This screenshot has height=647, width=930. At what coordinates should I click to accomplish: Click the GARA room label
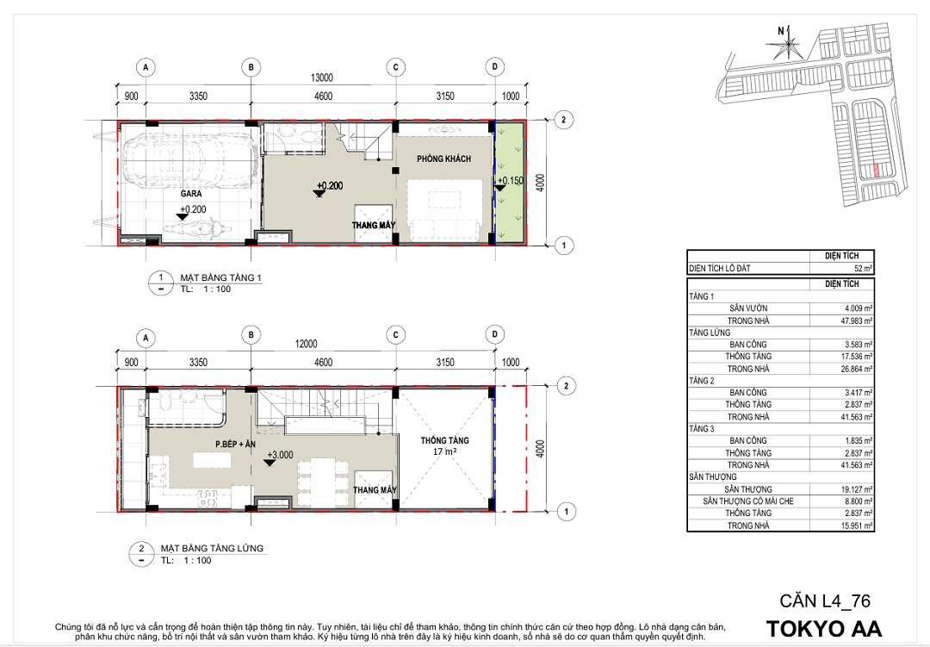tap(191, 194)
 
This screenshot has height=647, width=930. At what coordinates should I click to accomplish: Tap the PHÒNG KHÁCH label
tap(443, 159)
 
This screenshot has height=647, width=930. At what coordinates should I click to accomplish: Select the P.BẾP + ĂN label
tap(235, 444)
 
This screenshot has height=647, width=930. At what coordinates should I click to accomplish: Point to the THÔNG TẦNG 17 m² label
tap(445, 445)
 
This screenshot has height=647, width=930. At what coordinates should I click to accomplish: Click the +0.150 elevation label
tap(510, 180)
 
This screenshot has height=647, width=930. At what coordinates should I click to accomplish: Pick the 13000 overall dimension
tap(322, 78)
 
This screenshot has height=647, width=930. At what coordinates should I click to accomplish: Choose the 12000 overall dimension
tap(306, 344)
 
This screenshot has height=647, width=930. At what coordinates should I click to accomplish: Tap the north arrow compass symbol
tap(787, 40)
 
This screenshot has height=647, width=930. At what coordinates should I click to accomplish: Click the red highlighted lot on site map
tap(876, 171)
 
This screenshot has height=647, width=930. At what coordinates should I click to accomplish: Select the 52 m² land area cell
tap(863, 268)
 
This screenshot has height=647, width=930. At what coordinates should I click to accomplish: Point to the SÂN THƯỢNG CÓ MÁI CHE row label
tap(748, 501)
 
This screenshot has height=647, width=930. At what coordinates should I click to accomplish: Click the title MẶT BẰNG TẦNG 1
tap(220, 277)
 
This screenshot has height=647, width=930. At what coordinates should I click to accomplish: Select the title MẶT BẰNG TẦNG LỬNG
tap(212, 548)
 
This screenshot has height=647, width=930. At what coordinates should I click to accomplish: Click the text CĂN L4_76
tap(824, 601)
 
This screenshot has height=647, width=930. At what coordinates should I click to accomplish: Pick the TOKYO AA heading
tap(824, 629)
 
